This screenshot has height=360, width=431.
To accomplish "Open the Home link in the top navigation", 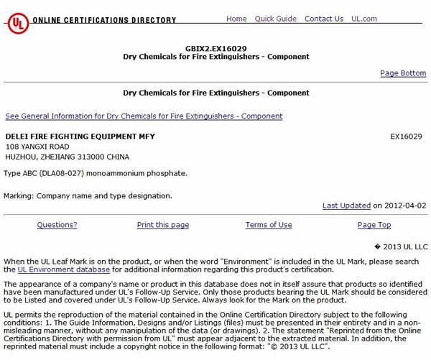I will (x=236, y=19).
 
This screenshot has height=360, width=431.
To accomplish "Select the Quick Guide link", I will (x=275, y=19).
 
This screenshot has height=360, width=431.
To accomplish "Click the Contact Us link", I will (x=323, y=19).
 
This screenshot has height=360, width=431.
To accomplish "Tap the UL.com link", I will (x=364, y=19).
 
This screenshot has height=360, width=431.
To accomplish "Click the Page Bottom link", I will (x=403, y=73).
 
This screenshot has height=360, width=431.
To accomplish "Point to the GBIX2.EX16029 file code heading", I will (x=215, y=47).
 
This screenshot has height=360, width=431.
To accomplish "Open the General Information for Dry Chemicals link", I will (x=144, y=116).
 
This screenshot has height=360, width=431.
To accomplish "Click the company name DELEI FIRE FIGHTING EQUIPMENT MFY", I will (x=80, y=136).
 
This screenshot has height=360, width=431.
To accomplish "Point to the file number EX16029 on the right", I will (x=406, y=136).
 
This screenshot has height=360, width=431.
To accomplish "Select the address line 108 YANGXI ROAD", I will (x=37, y=147).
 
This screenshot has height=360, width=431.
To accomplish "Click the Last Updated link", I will (x=346, y=206).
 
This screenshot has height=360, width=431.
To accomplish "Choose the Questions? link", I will (x=57, y=225).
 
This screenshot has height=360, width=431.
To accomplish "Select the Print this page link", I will (x=163, y=225).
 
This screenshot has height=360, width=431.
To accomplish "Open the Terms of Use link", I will (x=269, y=225).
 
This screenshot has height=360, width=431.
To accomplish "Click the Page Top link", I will (x=374, y=225).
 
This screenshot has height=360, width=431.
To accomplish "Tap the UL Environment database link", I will (x=64, y=269).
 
